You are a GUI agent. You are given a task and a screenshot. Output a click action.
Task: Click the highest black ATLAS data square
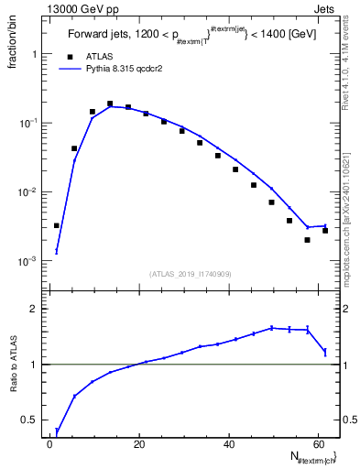(110, 104)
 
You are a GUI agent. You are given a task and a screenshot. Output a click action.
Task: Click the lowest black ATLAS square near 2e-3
(307, 240)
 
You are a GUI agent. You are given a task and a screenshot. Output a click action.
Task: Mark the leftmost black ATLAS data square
(57, 225)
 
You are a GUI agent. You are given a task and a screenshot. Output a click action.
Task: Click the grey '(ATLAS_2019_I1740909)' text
(191, 274)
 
